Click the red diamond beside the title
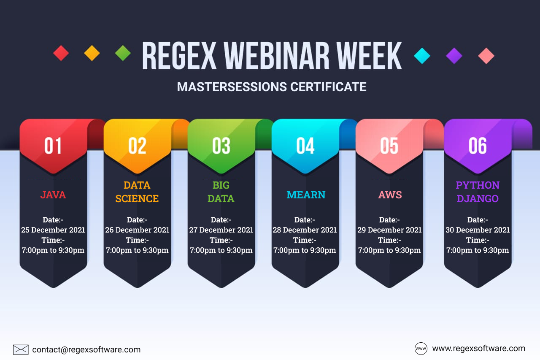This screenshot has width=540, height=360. click(x=61, y=53)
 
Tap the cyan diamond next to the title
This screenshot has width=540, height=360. click(x=422, y=56)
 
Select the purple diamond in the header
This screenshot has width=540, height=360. click(x=454, y=56)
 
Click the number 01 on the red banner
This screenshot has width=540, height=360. click(x=53, y=146)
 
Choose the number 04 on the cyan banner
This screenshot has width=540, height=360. click(x=305, y=146)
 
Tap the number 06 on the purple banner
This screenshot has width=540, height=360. click(x=478, y=146)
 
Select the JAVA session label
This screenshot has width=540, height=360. click(x=53, y=195)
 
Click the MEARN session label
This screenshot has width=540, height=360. click(x=306, y=195)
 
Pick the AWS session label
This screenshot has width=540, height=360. click(x=390, y=195)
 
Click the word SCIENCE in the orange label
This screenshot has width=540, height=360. click(x=137, y=199)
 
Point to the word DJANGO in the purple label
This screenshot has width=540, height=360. click(x=478, y=199)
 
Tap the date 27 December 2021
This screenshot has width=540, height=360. click(x=221, y=230)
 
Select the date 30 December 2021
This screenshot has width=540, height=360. click(x=478, y=230)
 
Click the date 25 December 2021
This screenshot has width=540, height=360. click(x=53, y=230)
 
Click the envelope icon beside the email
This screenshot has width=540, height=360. click(x=21, y=349)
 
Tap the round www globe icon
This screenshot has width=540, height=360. click(x=421, y=348)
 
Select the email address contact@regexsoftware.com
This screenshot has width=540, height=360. click(x=86, y=349)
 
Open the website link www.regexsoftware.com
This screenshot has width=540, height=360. click(x=478, y=348)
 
